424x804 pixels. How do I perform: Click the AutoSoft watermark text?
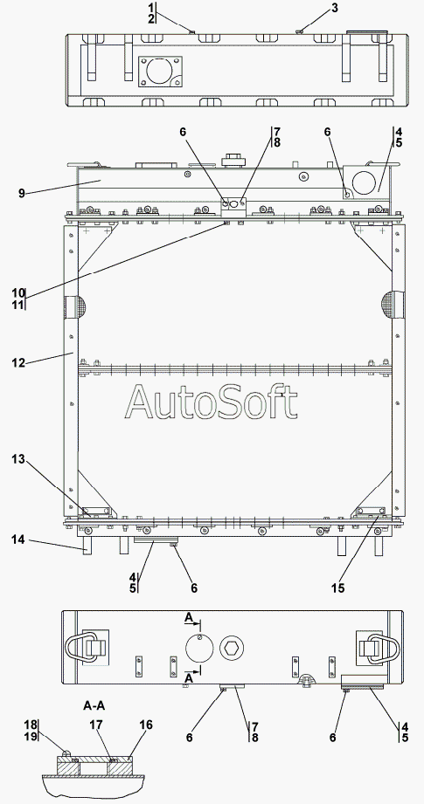[211, 402]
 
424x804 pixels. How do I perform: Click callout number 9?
[21, 193]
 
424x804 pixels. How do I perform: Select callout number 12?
[18, 362]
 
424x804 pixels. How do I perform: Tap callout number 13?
[18, 459]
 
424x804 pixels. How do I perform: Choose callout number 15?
[337, 588]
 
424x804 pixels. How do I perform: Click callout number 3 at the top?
[335, 8]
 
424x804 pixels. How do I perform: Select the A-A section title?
[94, 705]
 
